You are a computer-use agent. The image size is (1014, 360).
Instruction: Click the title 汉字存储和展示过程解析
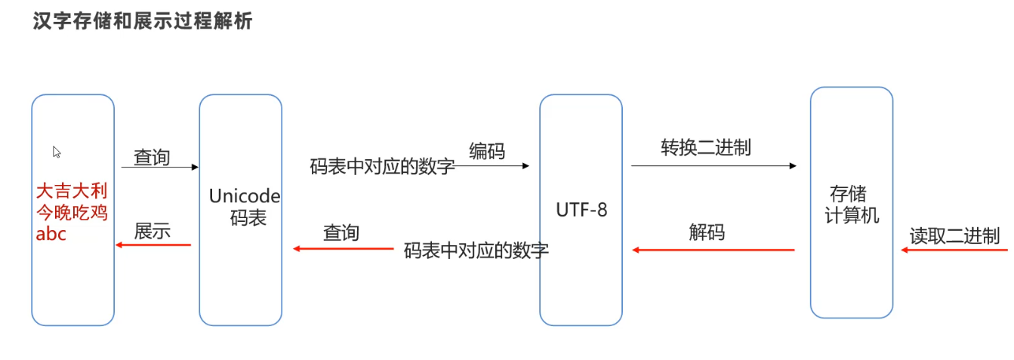click(143, 21)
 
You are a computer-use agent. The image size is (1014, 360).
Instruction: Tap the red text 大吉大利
click(72, 190)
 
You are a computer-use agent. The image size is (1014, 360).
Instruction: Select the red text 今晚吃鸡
click(72, 212)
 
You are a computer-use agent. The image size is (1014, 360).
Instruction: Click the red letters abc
click(51, 234)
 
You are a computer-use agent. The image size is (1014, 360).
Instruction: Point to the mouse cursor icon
click(57, 152)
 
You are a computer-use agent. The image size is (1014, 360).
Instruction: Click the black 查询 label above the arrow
click(152, 157)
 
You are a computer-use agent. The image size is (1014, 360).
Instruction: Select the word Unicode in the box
click(245, 196)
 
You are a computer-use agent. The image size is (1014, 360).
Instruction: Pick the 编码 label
click(487, 151)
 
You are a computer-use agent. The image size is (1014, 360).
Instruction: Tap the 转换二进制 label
click(706, 147)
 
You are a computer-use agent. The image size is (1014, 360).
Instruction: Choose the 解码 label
click(707, 232)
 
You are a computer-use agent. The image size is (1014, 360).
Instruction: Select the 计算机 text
click(852, 215)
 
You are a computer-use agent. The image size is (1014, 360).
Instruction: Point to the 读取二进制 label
click(954, 235)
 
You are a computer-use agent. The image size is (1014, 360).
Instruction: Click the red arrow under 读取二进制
click(954, 250)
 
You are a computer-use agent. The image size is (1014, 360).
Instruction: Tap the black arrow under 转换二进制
click(714, 165)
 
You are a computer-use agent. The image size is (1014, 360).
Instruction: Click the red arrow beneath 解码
click(713, 250)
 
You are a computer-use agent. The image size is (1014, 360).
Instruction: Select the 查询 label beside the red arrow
click(341, 232)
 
